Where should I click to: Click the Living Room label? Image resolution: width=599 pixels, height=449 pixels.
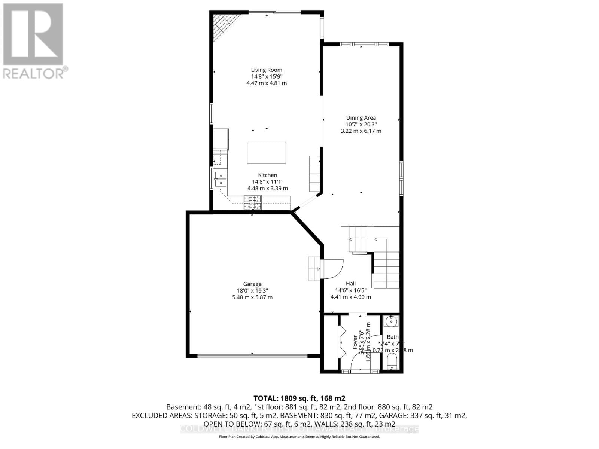[x=267, y=70]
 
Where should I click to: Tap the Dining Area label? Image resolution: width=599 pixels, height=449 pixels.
[x=361, y=118]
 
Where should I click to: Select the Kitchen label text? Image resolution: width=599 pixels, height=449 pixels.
[x=267, y=175]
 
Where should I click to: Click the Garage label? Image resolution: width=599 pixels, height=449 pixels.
[x=252, y=284]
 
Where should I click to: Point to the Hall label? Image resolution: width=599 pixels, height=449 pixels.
[x=351, y=284]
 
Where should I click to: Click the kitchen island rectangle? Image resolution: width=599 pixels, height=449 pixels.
[x=267, y=152]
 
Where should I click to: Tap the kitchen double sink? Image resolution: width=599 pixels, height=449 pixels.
[x=221, y=179]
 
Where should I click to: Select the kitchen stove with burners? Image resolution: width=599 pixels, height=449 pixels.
[x=252, y=202]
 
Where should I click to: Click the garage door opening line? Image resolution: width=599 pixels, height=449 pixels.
[x=253, y=356]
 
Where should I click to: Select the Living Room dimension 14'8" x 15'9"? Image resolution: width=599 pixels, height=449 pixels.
[x=267, y=76]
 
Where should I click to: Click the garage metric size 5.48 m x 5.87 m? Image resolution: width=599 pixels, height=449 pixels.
[x=252, y=297]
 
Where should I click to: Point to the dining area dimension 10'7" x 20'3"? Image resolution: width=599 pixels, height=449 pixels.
[x=361, y=125]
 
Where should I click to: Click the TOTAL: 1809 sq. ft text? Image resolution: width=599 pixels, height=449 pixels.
[x=299, y=398]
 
